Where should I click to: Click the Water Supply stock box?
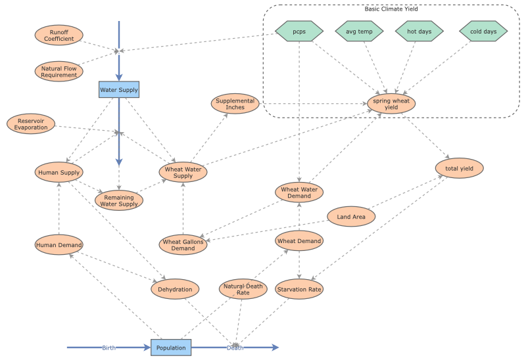tap(119, 89)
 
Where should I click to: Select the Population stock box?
tap(171, 348)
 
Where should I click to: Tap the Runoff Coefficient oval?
tap(59, 35)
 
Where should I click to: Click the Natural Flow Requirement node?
tap(59, 71)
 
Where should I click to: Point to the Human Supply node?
tap(59, 173)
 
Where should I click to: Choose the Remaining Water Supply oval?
tap(119, 200)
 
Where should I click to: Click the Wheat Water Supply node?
tap(183, 172)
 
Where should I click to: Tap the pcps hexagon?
tap(299, 31)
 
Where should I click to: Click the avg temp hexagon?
tap(360, 31)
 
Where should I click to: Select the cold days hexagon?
tap(483, 31)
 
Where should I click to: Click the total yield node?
tap(460, 168)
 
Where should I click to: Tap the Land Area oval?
tap(352, 216)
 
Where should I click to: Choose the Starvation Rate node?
tap(299, 289)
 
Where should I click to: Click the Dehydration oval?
tap(176, 289)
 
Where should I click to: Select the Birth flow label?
tap(109, 348)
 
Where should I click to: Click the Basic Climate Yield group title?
tap(391, 9)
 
